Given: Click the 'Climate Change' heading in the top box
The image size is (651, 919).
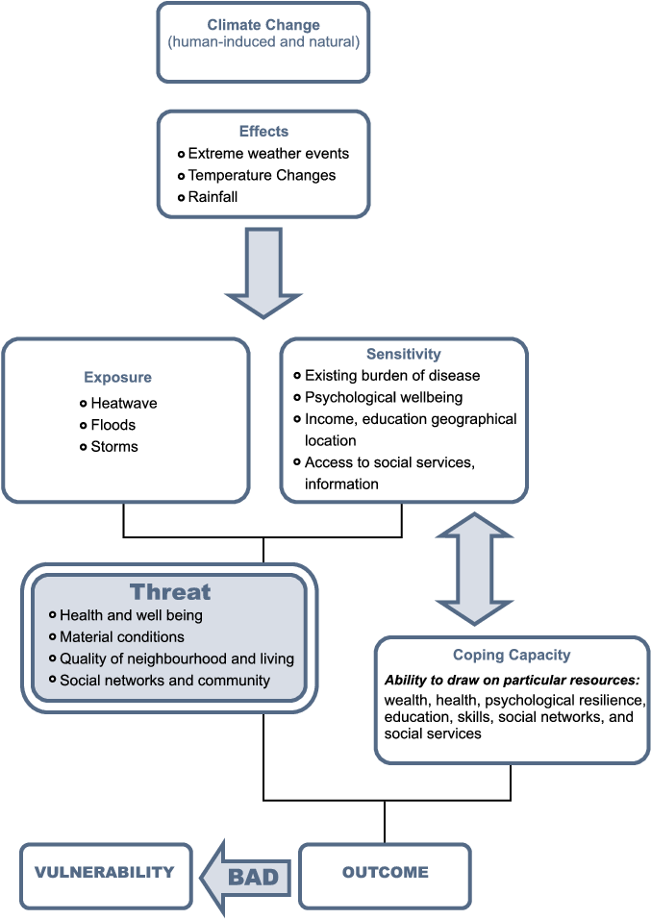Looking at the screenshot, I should pos(263,25).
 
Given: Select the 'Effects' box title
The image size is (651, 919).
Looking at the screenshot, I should pos(263,132).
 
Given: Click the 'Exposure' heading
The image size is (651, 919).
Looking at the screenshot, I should pos(117,378).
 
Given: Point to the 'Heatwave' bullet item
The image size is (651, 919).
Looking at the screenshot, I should pos(123,404).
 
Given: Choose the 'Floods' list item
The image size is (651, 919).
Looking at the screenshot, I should pos(113,425).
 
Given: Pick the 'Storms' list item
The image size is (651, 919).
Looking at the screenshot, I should pos(114,446).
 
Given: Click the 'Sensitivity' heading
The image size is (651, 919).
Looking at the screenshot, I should pos(404,355).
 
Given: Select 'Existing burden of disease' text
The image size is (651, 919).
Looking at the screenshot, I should pos(391,375).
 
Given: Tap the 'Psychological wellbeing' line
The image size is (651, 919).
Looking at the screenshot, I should pos(383,397).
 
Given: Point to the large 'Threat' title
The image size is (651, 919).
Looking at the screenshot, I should pos(170,591).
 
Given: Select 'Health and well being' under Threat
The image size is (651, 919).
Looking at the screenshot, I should pos(131,615).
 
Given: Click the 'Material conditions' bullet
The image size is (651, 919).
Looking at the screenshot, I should pos(121,636).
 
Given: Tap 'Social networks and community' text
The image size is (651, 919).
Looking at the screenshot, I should pos(164,681).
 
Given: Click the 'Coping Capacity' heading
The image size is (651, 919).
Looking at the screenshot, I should pos(512,656).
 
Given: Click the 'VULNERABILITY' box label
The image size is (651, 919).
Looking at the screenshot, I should pos(105,873).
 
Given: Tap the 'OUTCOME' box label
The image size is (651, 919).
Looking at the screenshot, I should pos(385,873).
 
